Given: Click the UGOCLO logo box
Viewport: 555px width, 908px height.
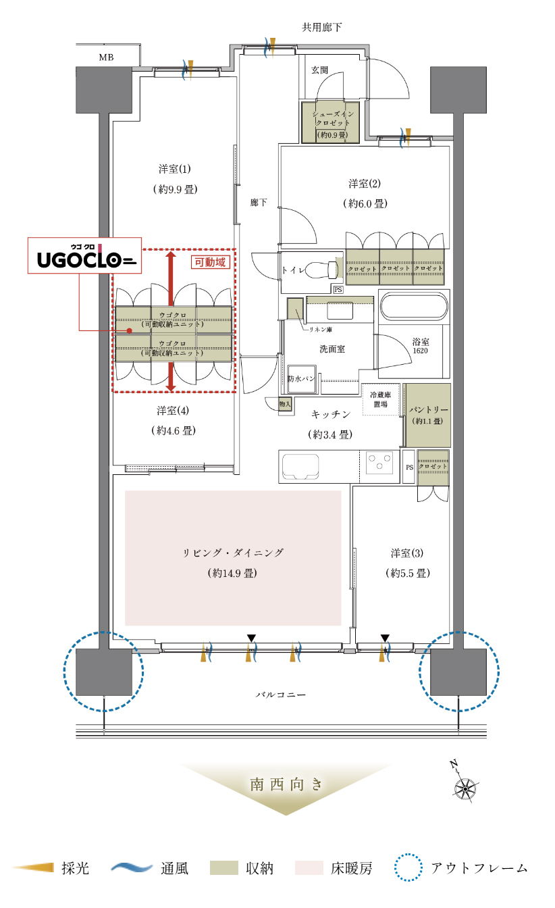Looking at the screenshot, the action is click(84, 255).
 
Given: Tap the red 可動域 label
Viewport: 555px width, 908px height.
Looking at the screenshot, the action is click(210, 262).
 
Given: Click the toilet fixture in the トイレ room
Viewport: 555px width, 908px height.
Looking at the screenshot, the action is click(321, 270).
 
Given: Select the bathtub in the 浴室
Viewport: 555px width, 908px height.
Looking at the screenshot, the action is click(414, 307).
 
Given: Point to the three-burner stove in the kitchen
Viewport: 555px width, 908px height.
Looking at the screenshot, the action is click(379, 462).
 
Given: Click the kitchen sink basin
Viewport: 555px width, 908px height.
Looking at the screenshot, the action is click(300, 466).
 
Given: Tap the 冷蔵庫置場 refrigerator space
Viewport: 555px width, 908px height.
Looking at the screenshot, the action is click(381, 399).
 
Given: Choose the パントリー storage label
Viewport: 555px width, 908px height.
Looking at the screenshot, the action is click(428, 415).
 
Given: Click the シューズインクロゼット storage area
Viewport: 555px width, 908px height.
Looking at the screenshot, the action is click(331, 122).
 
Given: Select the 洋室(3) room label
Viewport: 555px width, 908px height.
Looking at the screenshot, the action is click(408, 563).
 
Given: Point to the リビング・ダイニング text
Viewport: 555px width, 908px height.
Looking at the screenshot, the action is click(233, 553).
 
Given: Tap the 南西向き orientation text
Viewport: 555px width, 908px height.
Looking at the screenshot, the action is click(286, 785).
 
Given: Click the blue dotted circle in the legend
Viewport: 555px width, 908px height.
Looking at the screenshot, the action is click(408, 867).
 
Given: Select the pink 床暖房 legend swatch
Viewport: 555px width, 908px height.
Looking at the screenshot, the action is click(309, 868).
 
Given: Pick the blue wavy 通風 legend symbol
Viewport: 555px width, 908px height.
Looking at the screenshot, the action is click(131, 867).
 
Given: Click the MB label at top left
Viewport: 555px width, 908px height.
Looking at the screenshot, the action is click(106, 57).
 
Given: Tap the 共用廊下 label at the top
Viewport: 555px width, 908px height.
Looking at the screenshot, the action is click(322, 27).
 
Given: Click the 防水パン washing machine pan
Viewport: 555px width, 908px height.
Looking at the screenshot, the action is click(301, 379).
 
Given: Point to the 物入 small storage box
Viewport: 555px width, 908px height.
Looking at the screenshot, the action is click(285, 404).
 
